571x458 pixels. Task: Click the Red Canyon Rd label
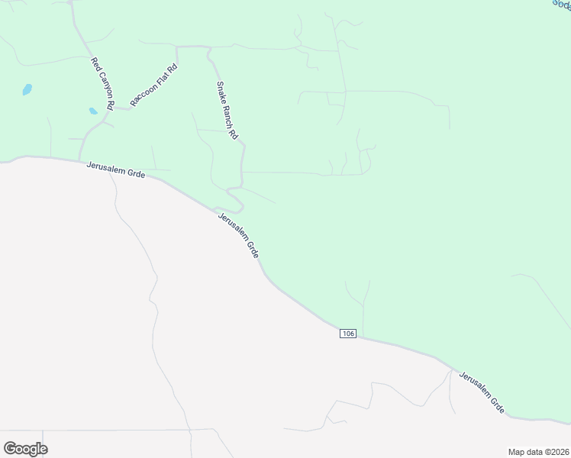pyautogui.click(x=102, y=82)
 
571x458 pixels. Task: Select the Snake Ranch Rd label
pyautogui.click(x=227, y=110)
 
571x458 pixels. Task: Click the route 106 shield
pyautogui.click(x=348, y=333)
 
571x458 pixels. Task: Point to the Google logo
pyautogui.click(x=25, y=448)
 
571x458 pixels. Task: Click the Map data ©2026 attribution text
pyautogui.click(x=537, y=451)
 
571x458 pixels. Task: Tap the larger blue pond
pyautogui.click(x=27, y=89)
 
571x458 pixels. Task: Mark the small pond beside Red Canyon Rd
pyautogui.click(x=93, y=111)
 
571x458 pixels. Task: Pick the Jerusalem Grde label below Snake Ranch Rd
pyautogui.click(x=238, y=235)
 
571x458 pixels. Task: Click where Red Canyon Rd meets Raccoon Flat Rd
pyautogui.click(x=115, y=107)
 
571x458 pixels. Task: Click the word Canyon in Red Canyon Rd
pyautogui.click(x=102, y=80)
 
